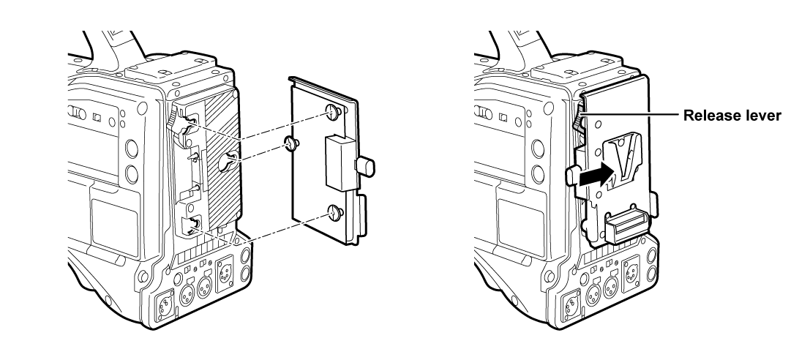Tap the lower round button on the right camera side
(x=539, y=175)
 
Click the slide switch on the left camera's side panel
(x=73, y=113)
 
